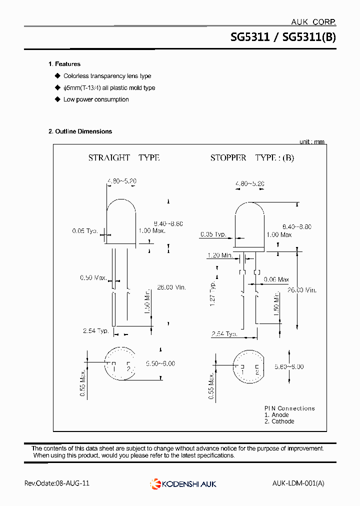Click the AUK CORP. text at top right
point(313,22)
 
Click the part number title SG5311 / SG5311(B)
point(283,37)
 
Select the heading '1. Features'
point(64,64)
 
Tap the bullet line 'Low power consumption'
point(96,99)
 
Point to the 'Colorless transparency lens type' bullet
point(107,76)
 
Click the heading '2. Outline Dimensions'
point(80,131)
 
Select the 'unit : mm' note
point(311,142)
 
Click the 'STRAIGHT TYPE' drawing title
point(124,157)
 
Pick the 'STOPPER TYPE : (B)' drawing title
point(252,157)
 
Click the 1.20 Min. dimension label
point(220,255)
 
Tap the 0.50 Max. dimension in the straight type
point(92,277)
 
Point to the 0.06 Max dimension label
point(276,279)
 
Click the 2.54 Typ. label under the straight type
point(96,331)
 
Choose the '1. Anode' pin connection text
point(276,415)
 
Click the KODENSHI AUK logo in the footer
point(183,483)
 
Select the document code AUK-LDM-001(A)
point(298,483)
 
